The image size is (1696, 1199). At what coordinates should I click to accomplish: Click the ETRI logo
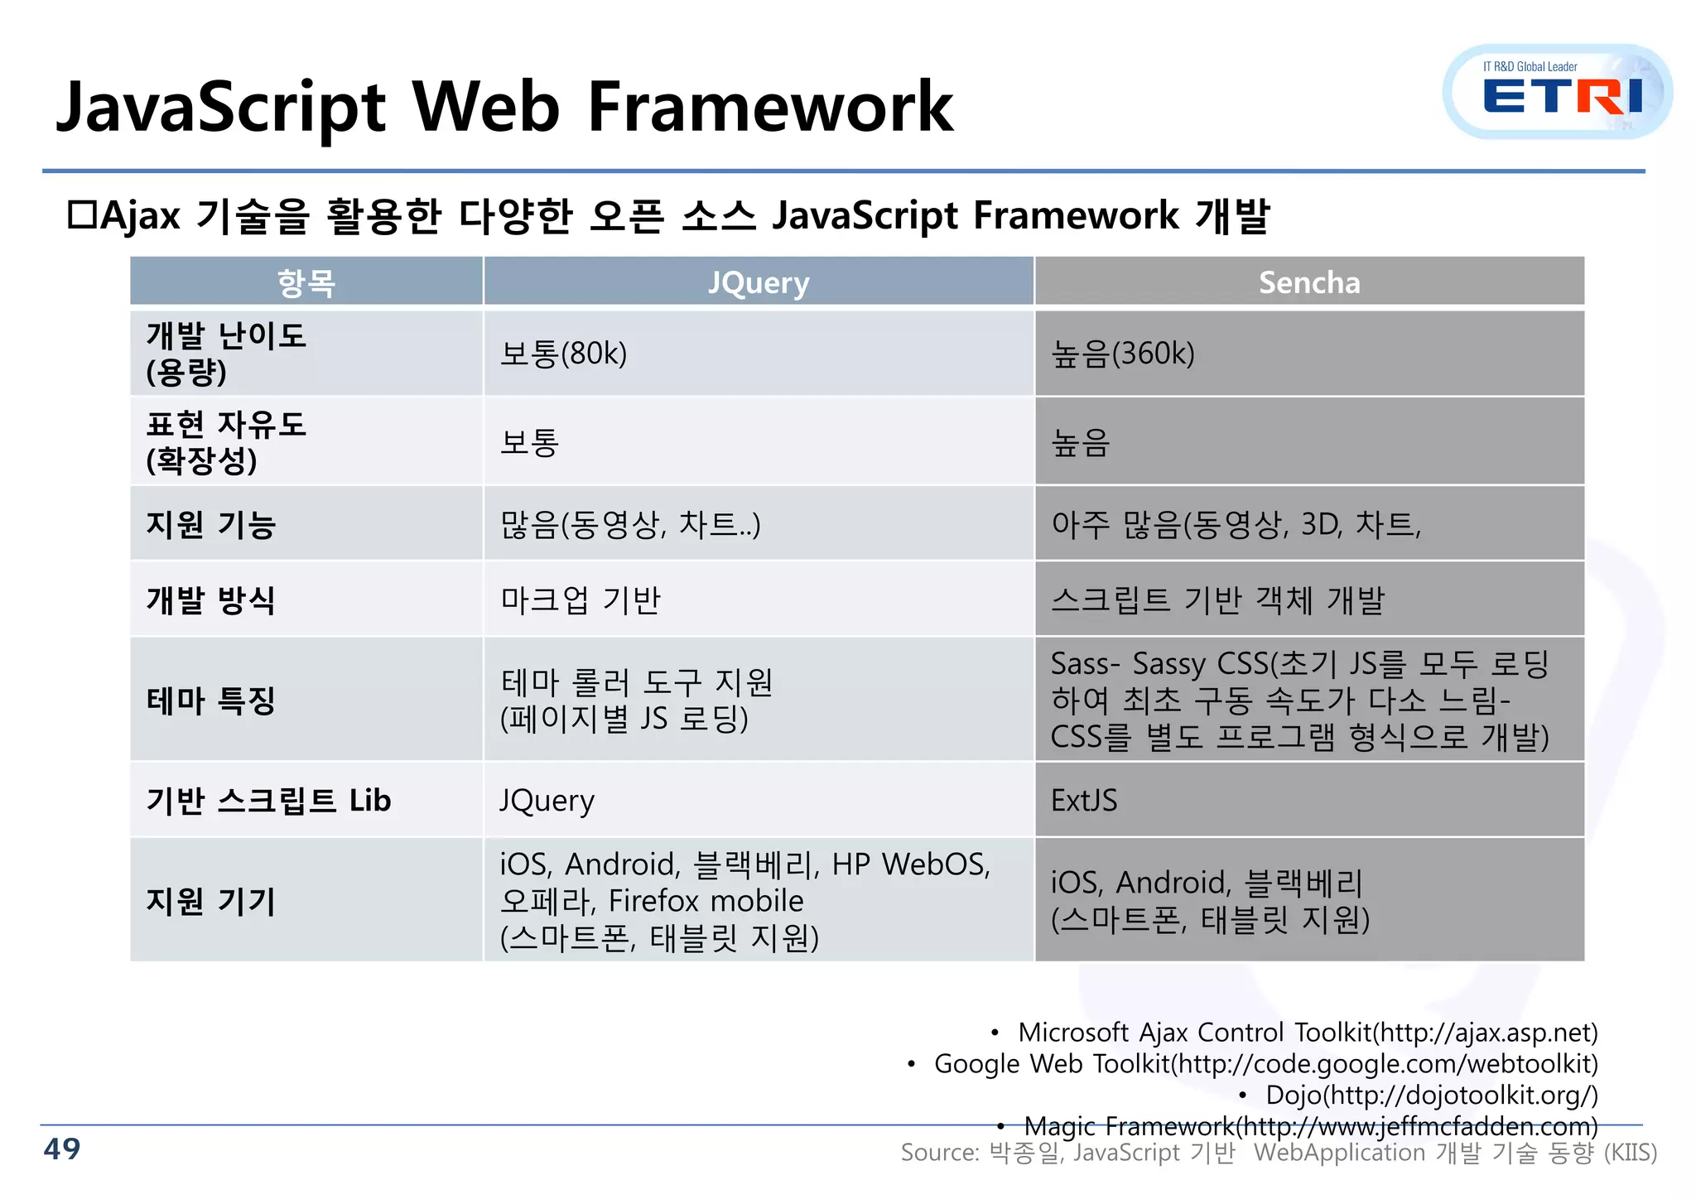tap(1558, 93)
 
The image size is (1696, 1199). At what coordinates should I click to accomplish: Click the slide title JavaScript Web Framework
tap(504, 107)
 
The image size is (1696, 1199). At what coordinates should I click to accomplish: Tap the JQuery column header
tap(758, 282)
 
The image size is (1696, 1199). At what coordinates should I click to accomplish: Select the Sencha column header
tap(1308, 282)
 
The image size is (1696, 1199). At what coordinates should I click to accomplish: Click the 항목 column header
tap(306, 282)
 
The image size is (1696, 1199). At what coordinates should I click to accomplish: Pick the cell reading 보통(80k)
tap(563, 354)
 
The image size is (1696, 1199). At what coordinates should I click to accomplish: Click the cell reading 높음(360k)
tap(1122, 354)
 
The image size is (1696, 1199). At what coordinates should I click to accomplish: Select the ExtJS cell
tap(1083, 800)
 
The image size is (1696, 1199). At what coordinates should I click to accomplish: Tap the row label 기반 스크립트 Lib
tap(268, 800)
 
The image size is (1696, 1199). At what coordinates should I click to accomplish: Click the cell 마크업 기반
tap(580, 599)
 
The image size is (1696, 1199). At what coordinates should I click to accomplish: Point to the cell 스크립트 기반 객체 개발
tap(1217, 599)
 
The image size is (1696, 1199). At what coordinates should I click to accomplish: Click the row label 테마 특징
tap(210, 701)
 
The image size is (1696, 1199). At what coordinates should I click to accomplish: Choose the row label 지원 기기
tap(210, 900)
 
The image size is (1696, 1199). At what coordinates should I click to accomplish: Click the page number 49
tap(62, 1148)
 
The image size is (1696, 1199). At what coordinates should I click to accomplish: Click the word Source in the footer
tap(938, 1152)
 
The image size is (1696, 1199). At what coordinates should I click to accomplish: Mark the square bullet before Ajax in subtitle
tap(83, 215)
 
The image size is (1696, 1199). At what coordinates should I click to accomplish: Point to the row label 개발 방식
tap(210, 599)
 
